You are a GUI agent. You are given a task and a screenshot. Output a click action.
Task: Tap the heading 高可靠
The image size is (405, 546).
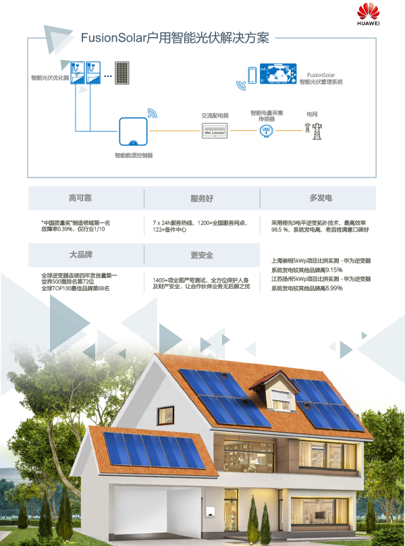[x=85, y=198]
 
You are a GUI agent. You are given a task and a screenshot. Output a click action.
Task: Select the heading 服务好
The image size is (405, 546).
[x=202, y=198]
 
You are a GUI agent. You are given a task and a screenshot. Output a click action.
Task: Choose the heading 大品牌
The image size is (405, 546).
[x=85, y=255]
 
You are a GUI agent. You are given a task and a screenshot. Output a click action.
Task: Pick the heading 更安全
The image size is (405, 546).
[x=202, y=255]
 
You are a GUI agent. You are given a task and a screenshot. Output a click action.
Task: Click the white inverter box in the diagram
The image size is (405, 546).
[x=134, y=131]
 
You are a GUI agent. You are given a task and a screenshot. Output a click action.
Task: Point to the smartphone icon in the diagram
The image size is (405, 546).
[x=252, y=74]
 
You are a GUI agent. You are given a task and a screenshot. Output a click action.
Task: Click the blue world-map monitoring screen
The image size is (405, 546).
[x=278, y=73]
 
